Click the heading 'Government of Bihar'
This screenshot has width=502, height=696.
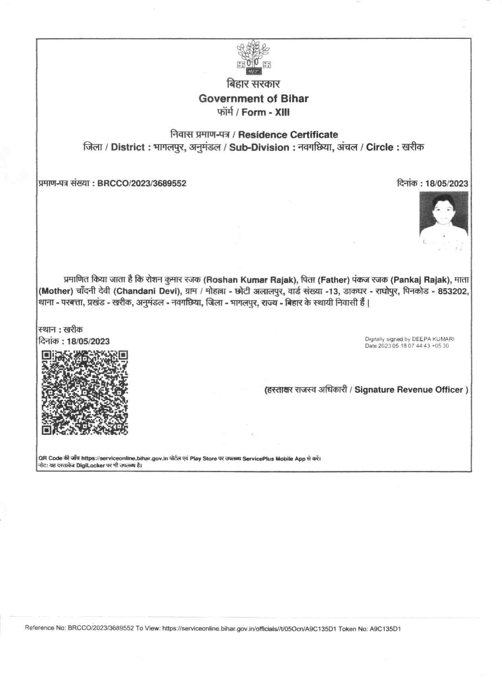pyautogui.click(x=253, y=98)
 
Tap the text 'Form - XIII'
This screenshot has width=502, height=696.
pyautogui.click(x=265, y=112)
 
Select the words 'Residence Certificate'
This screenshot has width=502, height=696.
pyautogui.click(x=288, y=135)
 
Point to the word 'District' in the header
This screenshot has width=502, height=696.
pyautogui.click(x=128, y=147)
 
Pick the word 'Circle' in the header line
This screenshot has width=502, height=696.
pyautogui.click(x=379, y=147)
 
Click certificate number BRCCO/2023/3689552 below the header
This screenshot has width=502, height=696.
pyautogui.click(x=142, y=183)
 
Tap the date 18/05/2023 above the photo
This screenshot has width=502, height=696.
pyautogui.click(x=446, y=183)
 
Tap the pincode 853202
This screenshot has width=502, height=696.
pyautogui.click(x=453, y=291)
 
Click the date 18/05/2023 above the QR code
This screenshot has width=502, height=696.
pyautogui.click(x=88, y=341)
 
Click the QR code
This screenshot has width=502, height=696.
pyautogui.click(x=85, y=393)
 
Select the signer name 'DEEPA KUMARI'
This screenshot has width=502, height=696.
pyautogui.click(x=433, y=339)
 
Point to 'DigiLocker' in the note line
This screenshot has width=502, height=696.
pyautogui.click(x=91, y=465)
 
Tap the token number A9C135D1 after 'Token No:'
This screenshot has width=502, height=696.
pyautogui.click(x=385, y=629)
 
